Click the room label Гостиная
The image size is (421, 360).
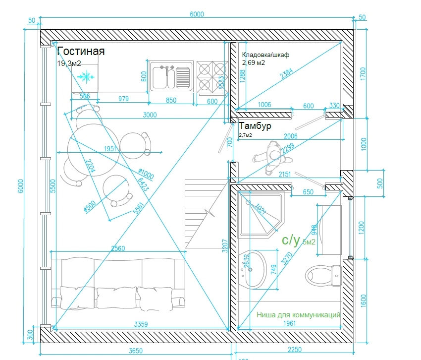click(81, 51)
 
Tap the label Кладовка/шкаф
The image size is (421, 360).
click(265, 55)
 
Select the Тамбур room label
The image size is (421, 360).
click(255, 126)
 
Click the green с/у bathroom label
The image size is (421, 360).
click(291, 240)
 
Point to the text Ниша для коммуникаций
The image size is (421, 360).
click(299, 315)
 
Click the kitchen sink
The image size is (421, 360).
click(171, 77)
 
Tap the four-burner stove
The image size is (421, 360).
click(211, 77)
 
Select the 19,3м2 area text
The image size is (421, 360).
click(69, 63)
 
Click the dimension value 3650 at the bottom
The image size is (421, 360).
click(136, 350)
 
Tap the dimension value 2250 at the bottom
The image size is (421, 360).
click(294, 350)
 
